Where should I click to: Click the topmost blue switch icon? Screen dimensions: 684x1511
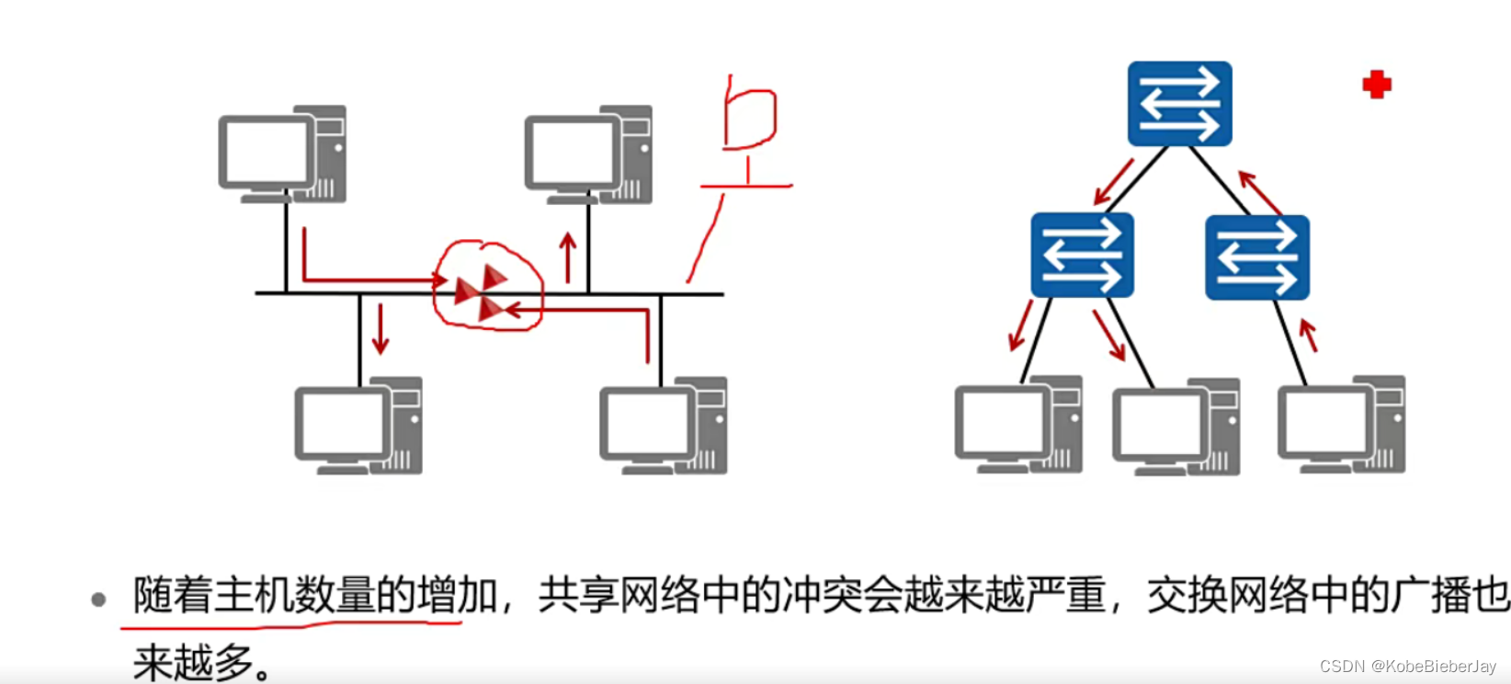(x=1179, y=103)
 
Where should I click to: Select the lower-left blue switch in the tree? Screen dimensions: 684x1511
(x=1082, y=256)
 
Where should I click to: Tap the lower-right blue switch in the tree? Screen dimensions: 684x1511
(x=1256, y=257)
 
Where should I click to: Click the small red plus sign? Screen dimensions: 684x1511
(x=1376, y=85)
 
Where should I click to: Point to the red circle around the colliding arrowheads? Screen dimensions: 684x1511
(x=487, y=285)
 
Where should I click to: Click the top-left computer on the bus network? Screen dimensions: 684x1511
(x=282, y=154)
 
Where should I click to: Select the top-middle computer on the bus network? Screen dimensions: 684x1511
(x=588, y=154)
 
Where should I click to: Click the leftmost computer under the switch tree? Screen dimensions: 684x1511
(x=1018, y=425)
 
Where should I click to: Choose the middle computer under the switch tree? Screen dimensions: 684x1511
(x=1176, y=427)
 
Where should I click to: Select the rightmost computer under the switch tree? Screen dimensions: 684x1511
(x=1341, y=425)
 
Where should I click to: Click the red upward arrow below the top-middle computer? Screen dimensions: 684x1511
(x=568, y=257)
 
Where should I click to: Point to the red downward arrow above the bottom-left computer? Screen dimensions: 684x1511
(x=380, y=328)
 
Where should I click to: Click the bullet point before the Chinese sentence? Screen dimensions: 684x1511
(x=98, y=600)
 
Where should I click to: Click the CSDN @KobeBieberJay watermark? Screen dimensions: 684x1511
(x=1407, y=667)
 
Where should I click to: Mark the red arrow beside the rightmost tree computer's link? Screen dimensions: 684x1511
(x=1308, y=335)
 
